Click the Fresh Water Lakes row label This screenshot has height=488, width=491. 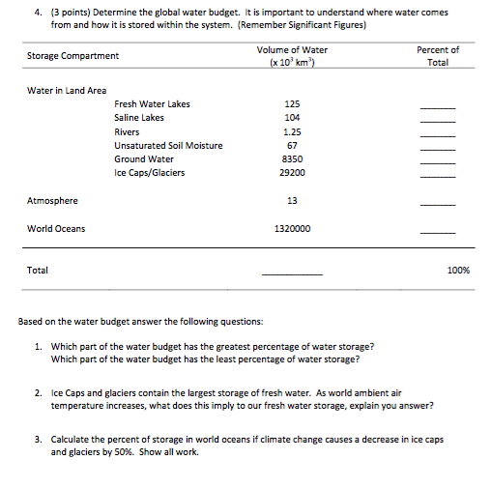tap(152, 104)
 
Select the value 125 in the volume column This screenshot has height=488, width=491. tap(292, 104)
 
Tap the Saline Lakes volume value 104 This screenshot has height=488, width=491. tap(292, 118)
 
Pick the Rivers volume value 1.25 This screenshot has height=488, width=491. tap(292, 131)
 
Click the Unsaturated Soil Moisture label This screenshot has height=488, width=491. tap(168, 146)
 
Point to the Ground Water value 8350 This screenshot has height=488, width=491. tap(292, 159)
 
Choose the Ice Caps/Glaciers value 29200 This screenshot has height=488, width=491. tap(292, 173)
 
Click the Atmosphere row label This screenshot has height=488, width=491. tap(52, 201)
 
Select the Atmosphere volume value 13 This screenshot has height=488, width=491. tap(292, 201)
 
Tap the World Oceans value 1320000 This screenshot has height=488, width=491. tap(292, 229)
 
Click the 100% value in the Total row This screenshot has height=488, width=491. tap(458, 271)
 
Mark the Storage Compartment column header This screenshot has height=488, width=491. tap(73, 56)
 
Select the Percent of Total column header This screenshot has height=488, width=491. tap(438, 56)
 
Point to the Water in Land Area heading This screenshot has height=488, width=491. tap(67, 90)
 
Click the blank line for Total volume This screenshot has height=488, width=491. tap(292, 273)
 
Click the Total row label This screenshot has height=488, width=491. tap(37, 271)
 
